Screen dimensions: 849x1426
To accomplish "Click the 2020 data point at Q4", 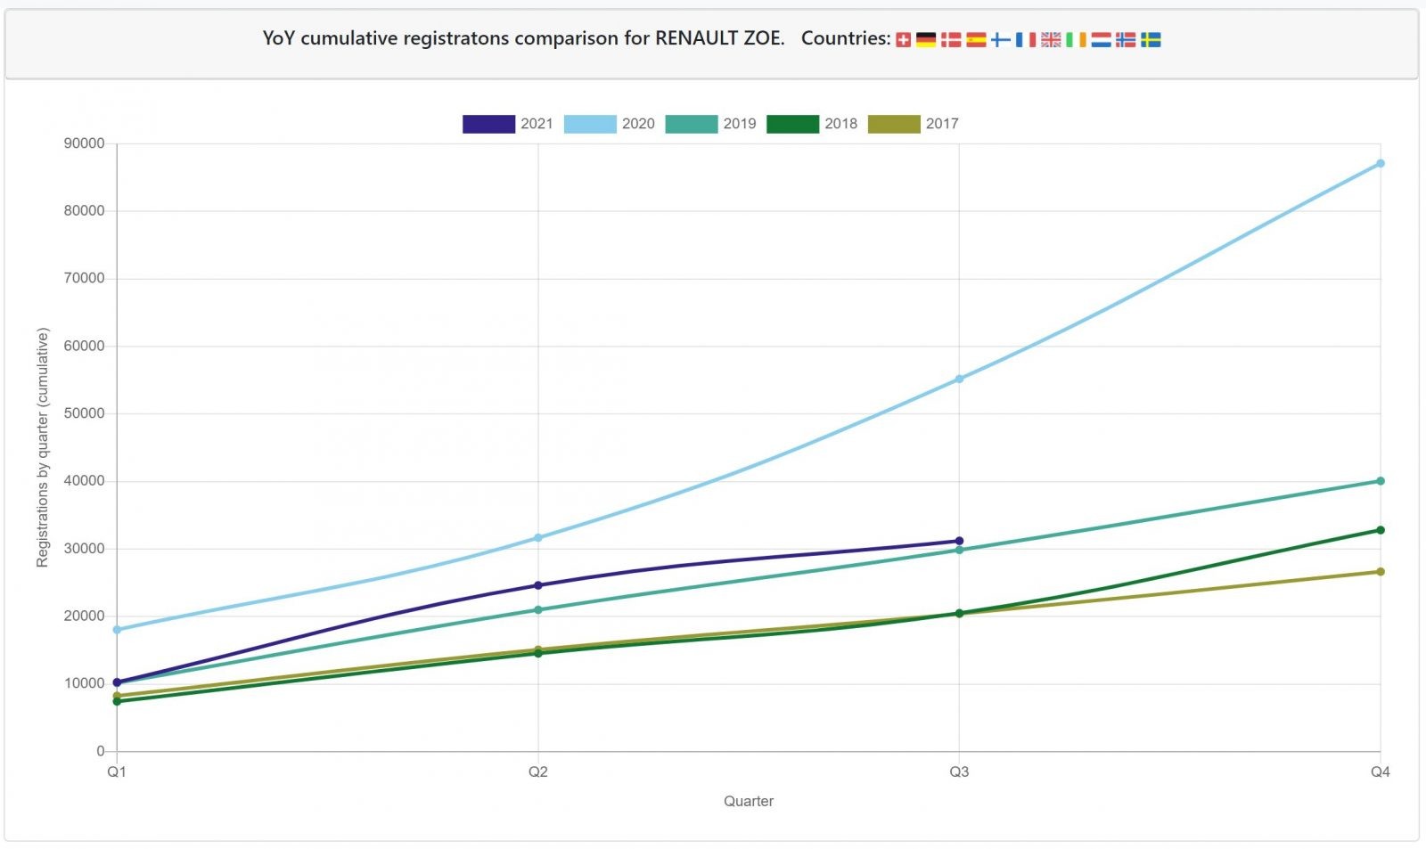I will pos(1380,163).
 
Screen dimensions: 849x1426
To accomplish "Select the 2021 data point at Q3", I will pos(959,541).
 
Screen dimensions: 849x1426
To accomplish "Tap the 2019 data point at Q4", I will pos(1380,481).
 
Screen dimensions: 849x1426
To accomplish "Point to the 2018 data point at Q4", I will pos(1380,530).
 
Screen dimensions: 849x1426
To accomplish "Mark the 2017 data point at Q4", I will pos(1380,572).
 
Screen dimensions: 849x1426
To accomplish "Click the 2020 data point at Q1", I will pos(117,630).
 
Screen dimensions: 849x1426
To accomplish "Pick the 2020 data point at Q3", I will pos(959,380).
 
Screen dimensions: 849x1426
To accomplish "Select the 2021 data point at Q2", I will pos(537,585).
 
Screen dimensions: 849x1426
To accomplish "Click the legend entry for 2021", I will pos(508,124).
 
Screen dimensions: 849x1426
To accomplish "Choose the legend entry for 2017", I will pos(914,124).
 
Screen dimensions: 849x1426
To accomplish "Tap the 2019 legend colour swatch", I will pos(691,124).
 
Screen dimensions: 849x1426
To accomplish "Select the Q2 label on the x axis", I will pos(537,771).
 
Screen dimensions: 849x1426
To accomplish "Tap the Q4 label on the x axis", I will pos(1380,771).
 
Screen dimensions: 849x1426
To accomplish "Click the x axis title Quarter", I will pos(748,801).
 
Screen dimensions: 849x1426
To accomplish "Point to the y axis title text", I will pos(42,447).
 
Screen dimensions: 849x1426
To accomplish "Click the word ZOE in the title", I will pos(762,38).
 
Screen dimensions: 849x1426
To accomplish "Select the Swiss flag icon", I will pos(903,39).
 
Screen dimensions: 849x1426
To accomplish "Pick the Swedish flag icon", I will pos(1151,39).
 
